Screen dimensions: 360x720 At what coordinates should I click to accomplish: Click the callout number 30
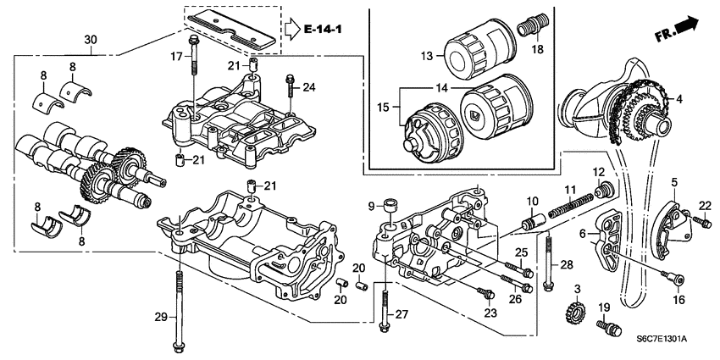91,40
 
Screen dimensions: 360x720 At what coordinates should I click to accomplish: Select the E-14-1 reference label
324,32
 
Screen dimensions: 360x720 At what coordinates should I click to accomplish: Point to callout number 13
428,56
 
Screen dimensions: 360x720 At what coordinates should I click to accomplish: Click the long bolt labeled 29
179,309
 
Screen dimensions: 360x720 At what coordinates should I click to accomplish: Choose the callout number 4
670,99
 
